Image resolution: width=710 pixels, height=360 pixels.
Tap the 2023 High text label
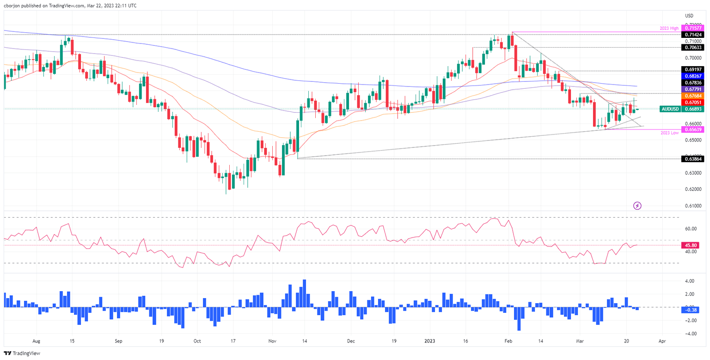click(669, 29)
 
